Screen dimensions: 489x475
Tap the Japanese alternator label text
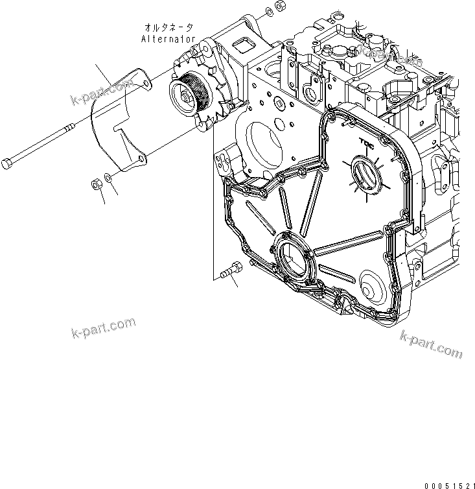[x=167, y=28]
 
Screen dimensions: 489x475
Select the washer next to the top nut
[x=268, y=13]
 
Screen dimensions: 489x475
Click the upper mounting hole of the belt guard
[x=146, y=82]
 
